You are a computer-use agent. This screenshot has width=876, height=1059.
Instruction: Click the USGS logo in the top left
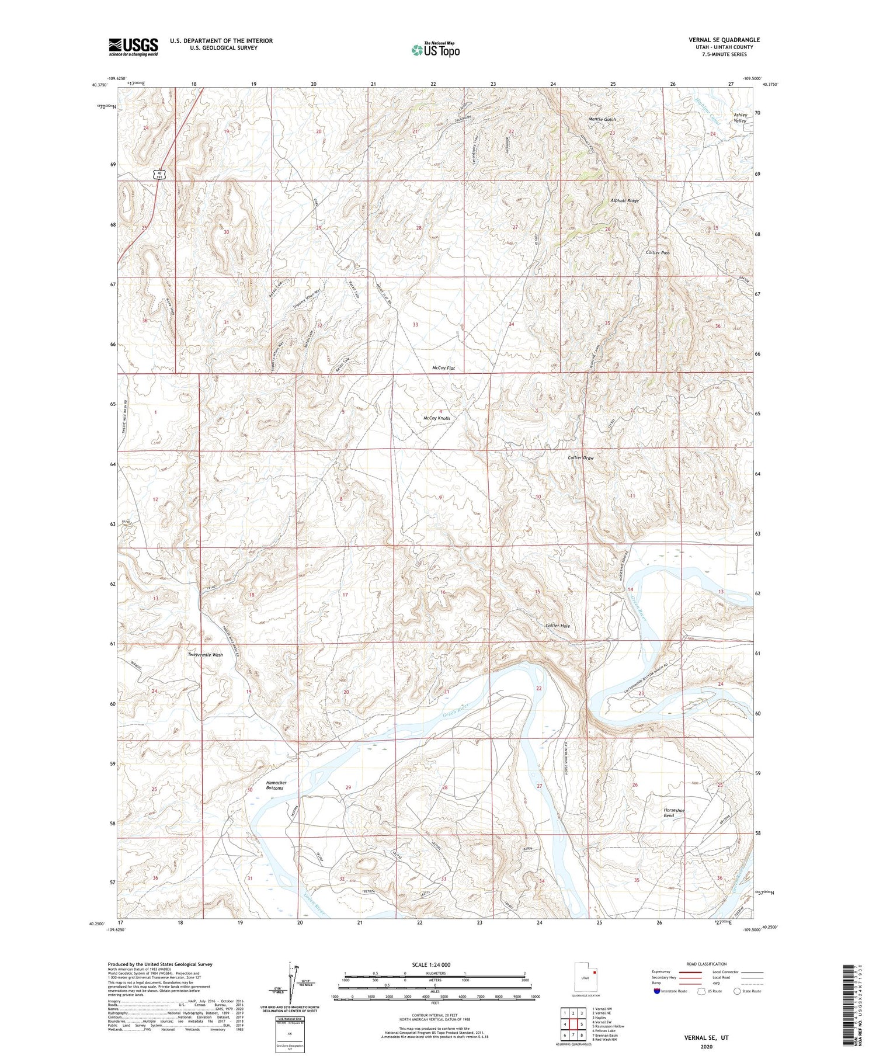[x=133, y=47]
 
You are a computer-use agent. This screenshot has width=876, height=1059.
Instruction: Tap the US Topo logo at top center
[x=435, y=50]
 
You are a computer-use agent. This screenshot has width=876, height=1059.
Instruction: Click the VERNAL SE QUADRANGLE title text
[x=724, y=40]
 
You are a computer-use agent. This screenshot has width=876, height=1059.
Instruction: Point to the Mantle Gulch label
[x=602, y=119]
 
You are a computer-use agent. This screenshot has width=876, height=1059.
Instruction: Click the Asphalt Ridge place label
[x=624, y=200]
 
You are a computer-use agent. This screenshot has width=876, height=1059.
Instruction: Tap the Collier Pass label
[x=658, y=252]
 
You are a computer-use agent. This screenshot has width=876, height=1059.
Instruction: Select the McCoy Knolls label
[x=437, y=418]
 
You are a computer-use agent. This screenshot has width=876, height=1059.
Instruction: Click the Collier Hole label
[x=557, y=626]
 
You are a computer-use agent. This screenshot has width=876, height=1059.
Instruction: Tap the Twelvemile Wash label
[x=205, y=655]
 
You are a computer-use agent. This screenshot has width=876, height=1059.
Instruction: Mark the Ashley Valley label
[x=740, y=117]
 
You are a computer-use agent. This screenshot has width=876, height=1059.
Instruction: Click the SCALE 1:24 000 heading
[x=431, y=964]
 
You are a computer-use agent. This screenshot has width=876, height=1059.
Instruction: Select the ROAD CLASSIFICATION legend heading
[x=707, y=964]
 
